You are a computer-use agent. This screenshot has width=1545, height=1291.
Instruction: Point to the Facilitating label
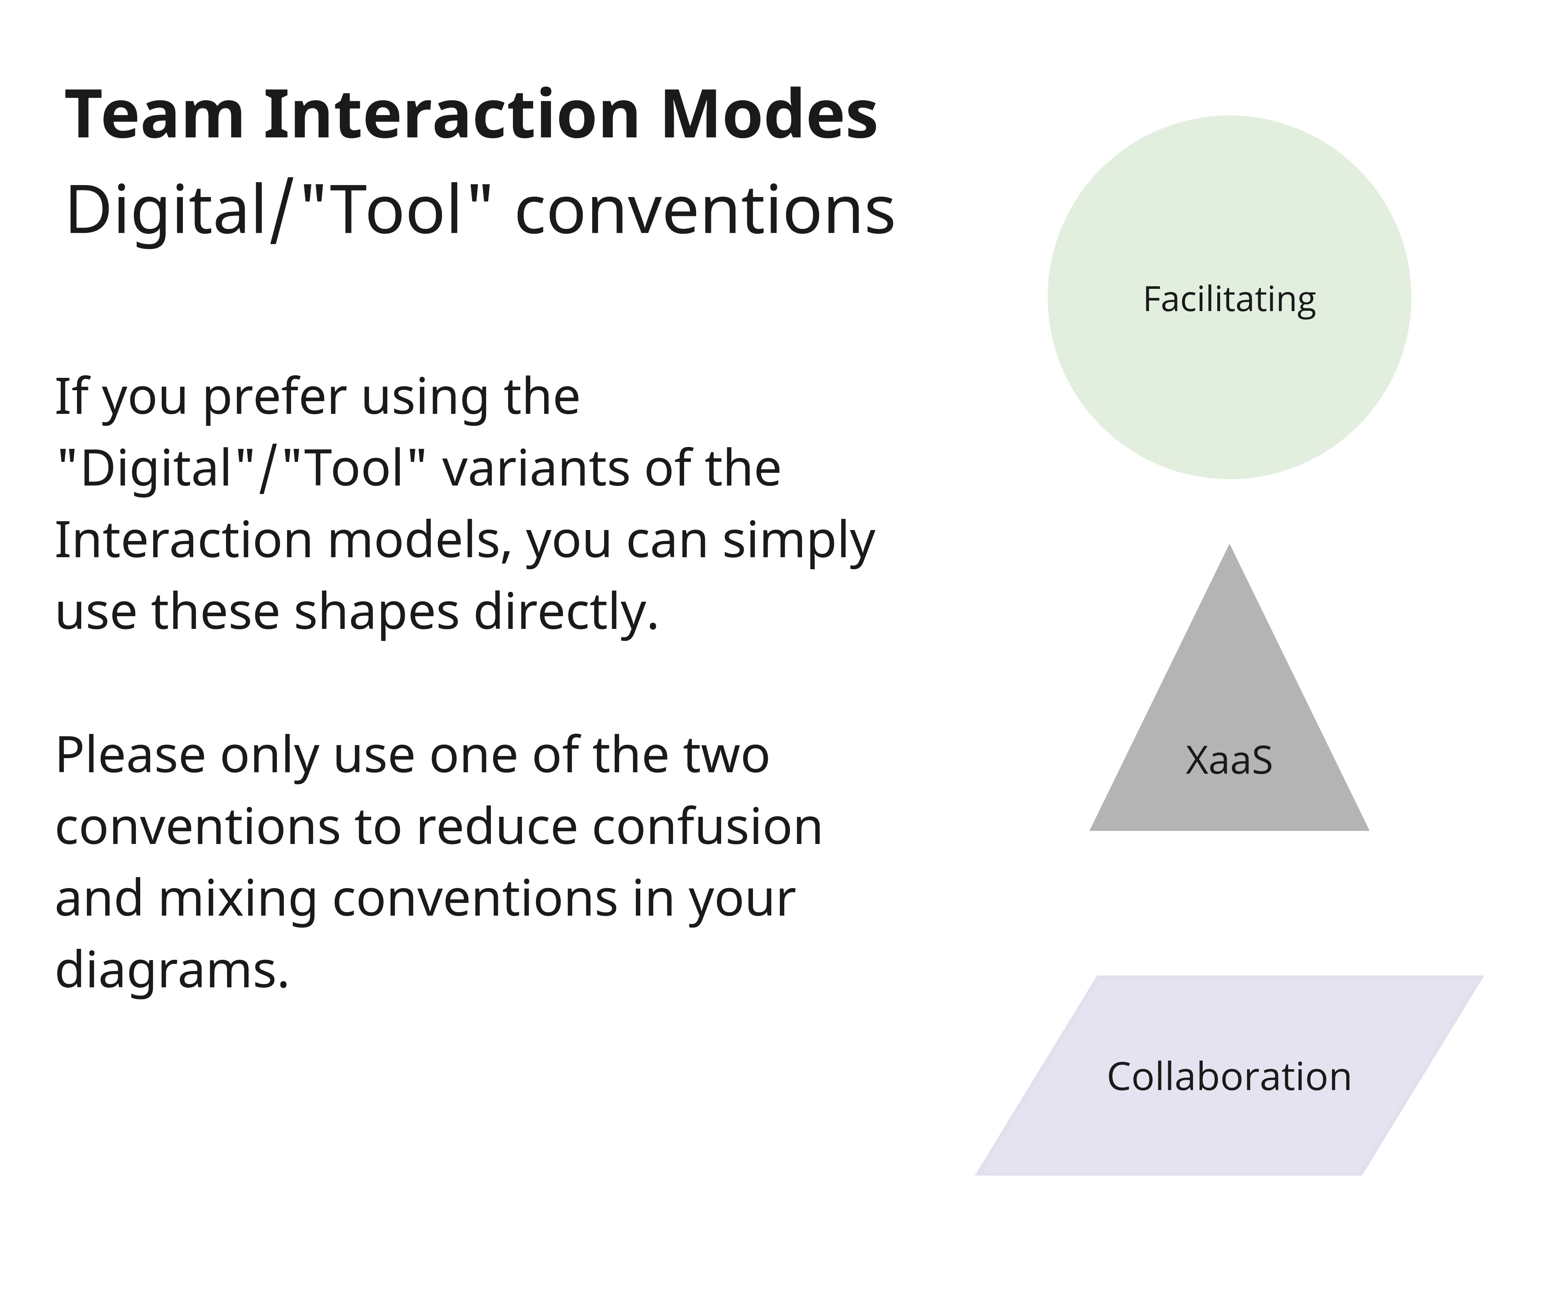coord(1229,299)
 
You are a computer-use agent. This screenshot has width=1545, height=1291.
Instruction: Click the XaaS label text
coord(1229,761)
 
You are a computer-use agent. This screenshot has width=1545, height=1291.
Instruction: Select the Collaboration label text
coord(1229,1077)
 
